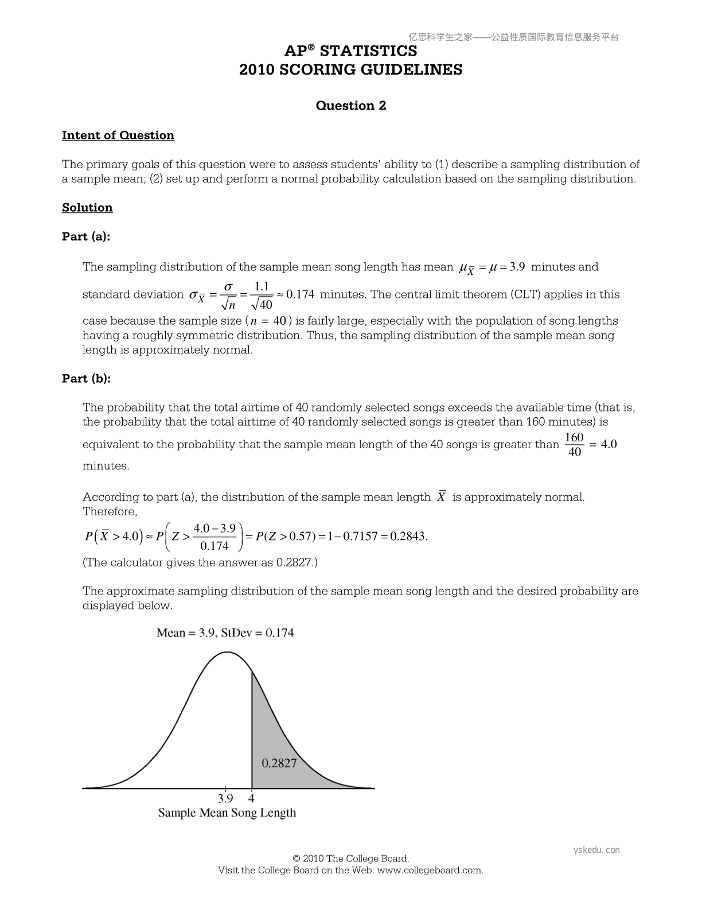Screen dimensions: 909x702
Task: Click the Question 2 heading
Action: pos(351,106)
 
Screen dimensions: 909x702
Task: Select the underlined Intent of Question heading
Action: pos(118,135)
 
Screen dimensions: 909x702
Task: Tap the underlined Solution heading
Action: pos(87,208)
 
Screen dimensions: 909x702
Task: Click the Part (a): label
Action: pos(86,236)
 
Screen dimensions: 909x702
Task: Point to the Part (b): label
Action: pos(87,379)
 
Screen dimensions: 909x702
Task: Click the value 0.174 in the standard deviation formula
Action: pos(300,295)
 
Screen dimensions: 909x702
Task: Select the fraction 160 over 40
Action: pos(574,445)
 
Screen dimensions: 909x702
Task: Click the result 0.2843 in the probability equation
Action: pos(408,537)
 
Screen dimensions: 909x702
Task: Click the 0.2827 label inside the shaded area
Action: pos(279,763)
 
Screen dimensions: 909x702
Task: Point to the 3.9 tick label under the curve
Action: pos(225,798)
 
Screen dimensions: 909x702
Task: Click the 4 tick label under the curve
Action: pos(252,798)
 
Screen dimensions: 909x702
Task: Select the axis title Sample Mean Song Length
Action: pos(227,813)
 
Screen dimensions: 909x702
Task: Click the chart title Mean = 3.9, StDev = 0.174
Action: pos(225,633)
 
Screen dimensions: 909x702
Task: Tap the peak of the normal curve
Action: pos(228,652)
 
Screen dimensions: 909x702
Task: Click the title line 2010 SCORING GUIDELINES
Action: pos(350,70)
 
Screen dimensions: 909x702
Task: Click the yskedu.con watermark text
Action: pos(596,850)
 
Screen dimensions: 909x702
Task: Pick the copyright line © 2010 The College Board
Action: pos(350,858)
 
